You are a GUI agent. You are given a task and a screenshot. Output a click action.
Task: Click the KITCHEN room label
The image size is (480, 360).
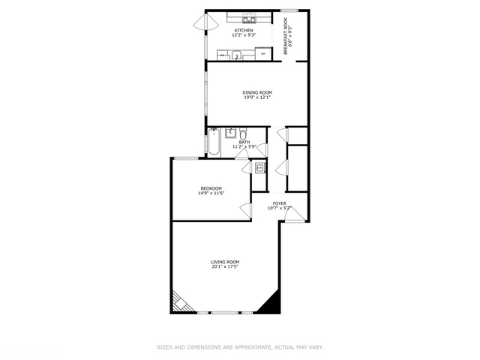pyautogui.click(x=244, y=30)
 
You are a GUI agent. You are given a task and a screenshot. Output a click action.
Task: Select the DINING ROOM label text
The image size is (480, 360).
pyautogui.click(x=256, y=92)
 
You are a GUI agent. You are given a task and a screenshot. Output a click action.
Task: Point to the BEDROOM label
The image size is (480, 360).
pyautogui.click(x=211, y=187)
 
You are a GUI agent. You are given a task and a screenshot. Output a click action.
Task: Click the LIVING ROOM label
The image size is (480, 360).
pyautogui.click(x=224, y=262)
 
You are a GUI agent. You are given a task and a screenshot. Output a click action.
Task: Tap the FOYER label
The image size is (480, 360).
pyautogui.click(x=279, y=203)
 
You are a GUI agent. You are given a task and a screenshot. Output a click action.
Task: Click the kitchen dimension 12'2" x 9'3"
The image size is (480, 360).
pyautogui.click(x=244, y=35)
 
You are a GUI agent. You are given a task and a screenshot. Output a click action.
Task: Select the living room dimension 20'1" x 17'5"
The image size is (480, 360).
pyautogui.click(x=224, y=267)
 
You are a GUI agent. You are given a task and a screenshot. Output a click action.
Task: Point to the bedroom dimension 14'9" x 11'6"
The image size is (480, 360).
pyautogui.click(x=211, y=193)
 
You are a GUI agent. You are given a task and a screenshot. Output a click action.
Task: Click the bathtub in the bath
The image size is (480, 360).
pyautogui.click(x=214, y=142)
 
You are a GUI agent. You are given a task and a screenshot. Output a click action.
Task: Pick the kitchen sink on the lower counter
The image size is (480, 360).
pyautogui.click(x=235, y=55)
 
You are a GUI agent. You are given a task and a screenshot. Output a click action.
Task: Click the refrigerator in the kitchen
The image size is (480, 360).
pyautogui.click(x=263, y=54)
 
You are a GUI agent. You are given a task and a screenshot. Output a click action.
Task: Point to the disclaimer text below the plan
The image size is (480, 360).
pyautogui.click(x=239, y=347)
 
